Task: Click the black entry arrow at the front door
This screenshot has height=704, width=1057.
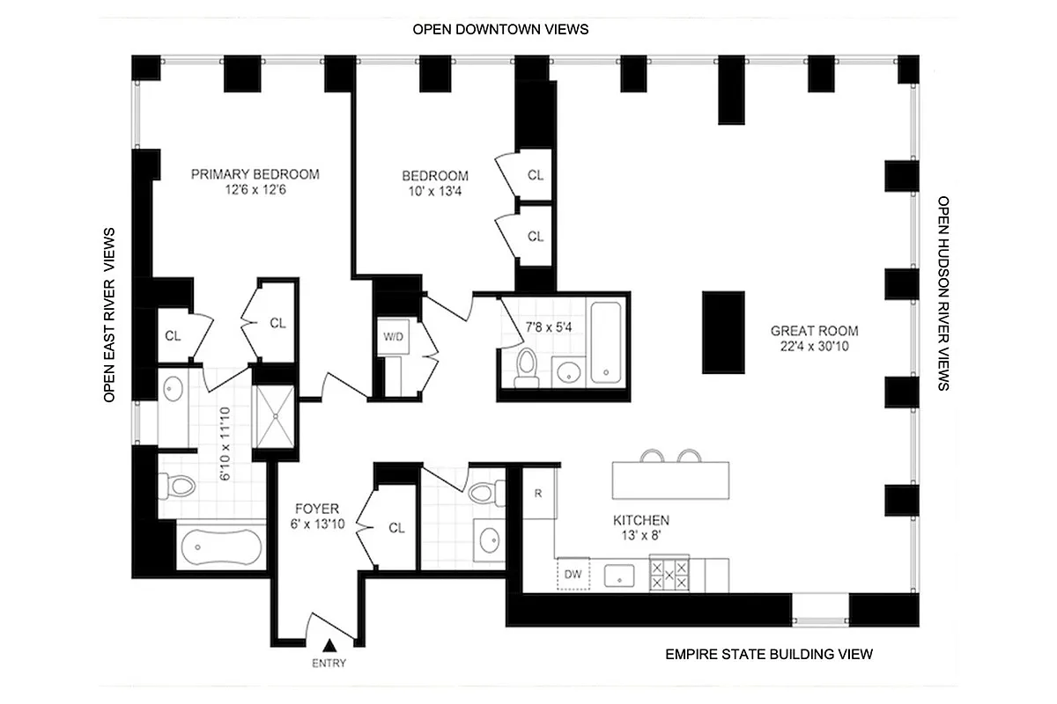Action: point(329,647)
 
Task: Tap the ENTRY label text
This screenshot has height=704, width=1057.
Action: point(329,664)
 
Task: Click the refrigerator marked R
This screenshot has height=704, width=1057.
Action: point(537,493)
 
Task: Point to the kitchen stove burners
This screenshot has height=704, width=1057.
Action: point(669,575)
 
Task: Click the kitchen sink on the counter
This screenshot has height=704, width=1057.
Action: point(620,576)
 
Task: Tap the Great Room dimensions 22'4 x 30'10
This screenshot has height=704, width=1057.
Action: point(814,347)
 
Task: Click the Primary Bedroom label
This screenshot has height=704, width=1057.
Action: point(255,174)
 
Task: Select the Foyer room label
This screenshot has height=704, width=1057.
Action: point(317,509)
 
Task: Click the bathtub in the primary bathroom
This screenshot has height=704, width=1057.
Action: point(221,546)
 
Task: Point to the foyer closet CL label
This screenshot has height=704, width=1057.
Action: point(396,528)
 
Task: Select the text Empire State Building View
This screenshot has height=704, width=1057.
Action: point(768,654)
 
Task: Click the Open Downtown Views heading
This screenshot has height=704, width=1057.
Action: point(500,29)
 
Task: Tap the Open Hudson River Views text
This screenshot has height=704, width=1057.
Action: point(943,294)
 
